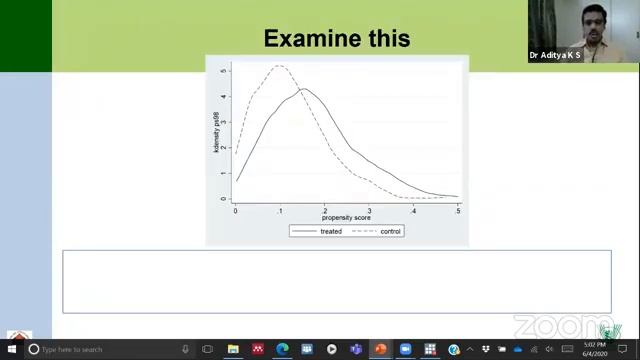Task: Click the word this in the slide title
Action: (x=388, y=39)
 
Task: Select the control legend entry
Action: (x=390, y=231)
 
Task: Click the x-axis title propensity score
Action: (x=346, y=217)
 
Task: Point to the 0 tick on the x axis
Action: (x=236, y=210)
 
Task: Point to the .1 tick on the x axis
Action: (x=280, y=210)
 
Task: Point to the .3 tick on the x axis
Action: (x=369, y=210)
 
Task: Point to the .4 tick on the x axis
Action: (x=413, y=210)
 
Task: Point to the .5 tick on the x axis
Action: (x=458, y=210)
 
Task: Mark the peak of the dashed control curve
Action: (x=278, y=66)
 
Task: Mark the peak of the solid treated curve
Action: (x=303, y=90)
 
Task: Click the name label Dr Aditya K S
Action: (x=556, y=56)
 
